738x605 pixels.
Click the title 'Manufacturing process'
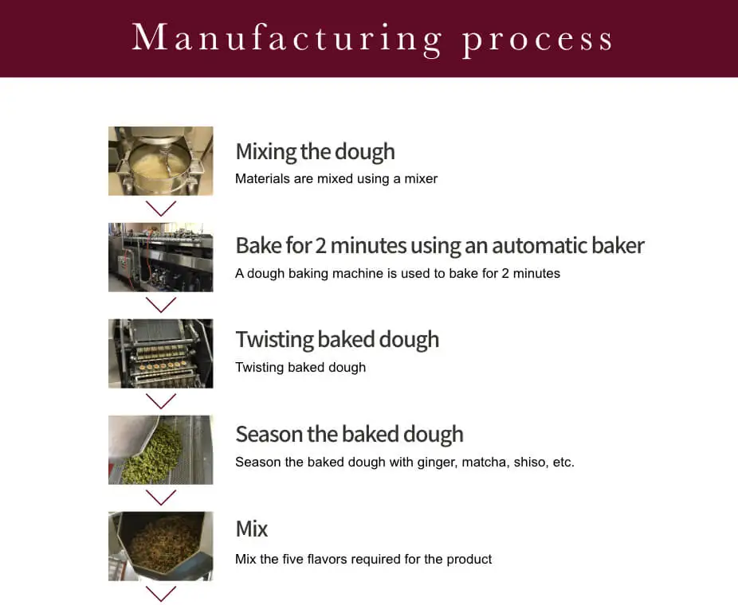[x=372, y=38]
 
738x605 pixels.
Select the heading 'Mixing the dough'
[x=315, y=151]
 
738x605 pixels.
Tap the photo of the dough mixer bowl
[x=161, y=161]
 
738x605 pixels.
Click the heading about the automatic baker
[x=439, y=245]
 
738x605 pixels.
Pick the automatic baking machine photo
[x=161, y=257]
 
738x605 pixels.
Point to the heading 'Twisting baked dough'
[x=337, y=339]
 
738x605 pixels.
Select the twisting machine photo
[x=161, y=353]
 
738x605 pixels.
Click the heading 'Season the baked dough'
[x=349, y=434]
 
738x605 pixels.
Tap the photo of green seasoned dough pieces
[x=161, y=450]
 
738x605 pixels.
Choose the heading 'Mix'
[x=252, y=529]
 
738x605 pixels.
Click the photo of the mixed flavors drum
[x=161, y=546]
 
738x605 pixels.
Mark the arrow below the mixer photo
[x=161, y=209]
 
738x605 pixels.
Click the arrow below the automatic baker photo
[x=161, y=305]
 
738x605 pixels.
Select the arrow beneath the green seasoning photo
[x=161, y=498]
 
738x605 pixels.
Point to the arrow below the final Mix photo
[x=161, y=593]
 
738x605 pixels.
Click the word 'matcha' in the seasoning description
[x=485, y=463]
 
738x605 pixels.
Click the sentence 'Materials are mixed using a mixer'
[x=336, y=179]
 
